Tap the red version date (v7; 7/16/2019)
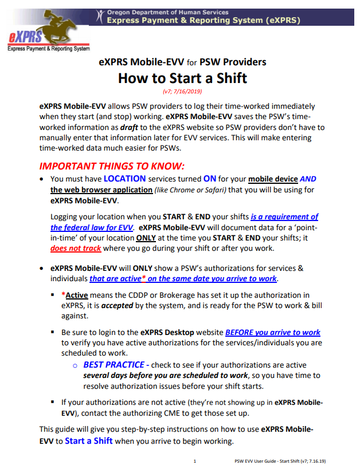[182, 91]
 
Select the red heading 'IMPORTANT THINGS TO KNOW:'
[111, 167]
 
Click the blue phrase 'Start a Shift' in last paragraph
[88, 440]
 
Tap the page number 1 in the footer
[195, 461]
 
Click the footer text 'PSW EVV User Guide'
[258, 461]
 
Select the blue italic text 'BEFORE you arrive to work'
[272, 332]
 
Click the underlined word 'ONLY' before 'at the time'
[146, 238]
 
